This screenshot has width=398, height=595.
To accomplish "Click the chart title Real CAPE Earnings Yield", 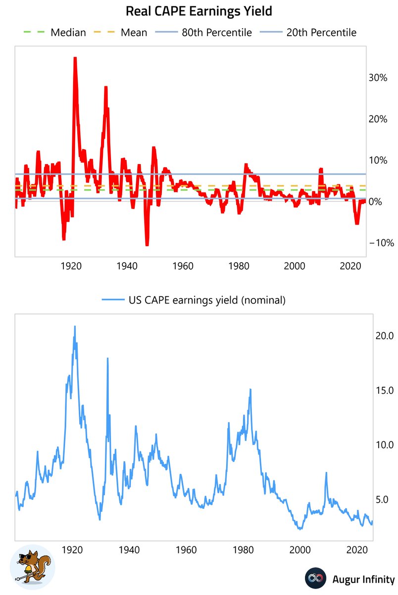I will (x=199, y=11).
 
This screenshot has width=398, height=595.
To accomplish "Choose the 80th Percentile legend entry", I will (x=204, y=33).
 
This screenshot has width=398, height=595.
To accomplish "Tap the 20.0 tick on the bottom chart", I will (x=385, y=336).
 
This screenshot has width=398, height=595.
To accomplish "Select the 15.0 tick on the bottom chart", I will (x=385, y=390).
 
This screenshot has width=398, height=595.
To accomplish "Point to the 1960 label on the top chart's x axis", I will (x=184, y=266).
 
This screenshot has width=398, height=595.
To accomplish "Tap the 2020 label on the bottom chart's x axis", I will (x=356, y=550).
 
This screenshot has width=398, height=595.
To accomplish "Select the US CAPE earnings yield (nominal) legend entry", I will (x=195, y=299).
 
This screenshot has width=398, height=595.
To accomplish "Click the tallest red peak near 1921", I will (x=75, y=58).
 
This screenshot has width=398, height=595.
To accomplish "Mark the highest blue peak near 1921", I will (x=75, y=326).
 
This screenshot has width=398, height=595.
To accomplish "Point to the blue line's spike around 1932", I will (x=107, y=358).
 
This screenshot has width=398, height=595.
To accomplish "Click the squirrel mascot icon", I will (x=32, y=567).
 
